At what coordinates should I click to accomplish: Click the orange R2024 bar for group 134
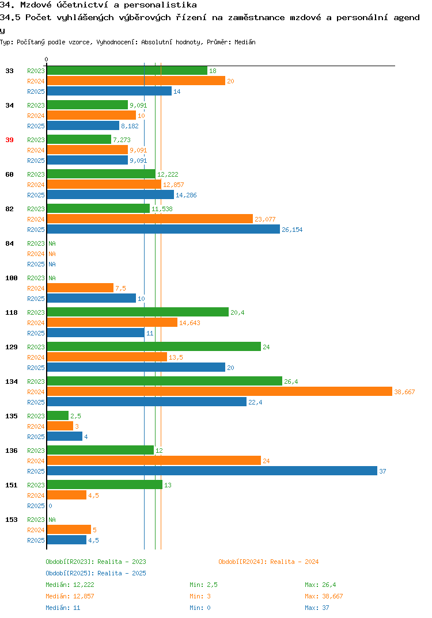tap(220, 391)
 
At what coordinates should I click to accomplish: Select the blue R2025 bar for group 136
tap(212, 471)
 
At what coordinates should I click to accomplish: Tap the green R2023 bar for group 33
tap(127, 71)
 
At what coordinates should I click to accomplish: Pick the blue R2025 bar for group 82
tap(164, 230)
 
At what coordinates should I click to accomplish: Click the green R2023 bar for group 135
tap(58, 416)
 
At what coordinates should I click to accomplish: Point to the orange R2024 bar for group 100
tap(81, 288)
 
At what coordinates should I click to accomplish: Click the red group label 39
tap(9, 140)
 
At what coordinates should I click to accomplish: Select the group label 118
tap(12, 312)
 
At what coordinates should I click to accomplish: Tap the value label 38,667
tap(404, 392)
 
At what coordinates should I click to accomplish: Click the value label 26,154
tap(292, 230)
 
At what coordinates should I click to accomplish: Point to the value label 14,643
tap(190, 323)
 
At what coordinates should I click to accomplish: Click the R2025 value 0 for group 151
tap(51, 506)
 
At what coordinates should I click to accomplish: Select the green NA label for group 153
tap(52, 520)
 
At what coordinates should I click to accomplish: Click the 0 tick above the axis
tap(46, 59)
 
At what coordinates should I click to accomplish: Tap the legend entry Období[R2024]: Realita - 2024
tap(268, 562)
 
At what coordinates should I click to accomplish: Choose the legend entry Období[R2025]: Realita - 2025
tap(96, 573)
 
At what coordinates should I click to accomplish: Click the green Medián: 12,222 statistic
tap(70, 585)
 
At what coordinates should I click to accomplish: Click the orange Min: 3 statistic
tap(200, 596)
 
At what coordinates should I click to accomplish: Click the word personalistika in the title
tap(160, 5)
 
